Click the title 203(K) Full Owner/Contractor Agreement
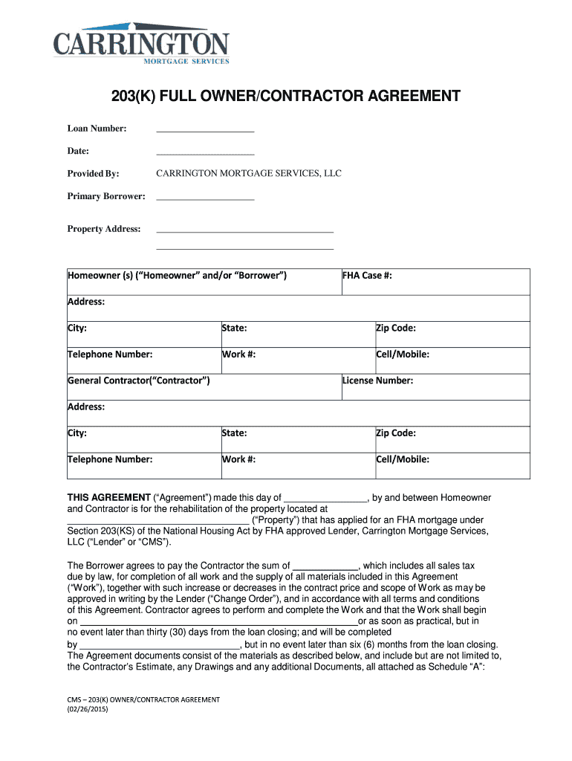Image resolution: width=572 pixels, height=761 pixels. click(x=286, y=97)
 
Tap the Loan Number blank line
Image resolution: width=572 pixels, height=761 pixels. click(x=205, y=131)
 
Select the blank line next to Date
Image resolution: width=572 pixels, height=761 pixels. click(x=205, y=153)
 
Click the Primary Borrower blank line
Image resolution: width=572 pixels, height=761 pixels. click(x=205, y=198)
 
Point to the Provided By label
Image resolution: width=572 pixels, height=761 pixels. click(x=93, y=174)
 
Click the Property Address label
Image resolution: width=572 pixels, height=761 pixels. click(x=104, y=229)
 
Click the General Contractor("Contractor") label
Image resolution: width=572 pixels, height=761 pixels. click(x=139, y=380)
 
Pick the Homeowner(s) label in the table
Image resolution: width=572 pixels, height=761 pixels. click(x=178, y=276)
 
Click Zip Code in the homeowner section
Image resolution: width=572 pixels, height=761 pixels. click(x=396, y=328)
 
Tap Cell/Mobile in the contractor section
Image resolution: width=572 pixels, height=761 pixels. click(x=403, y=459)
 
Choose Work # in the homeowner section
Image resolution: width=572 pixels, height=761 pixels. click(x=239, y=354)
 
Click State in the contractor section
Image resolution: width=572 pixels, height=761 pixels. click(x=235, y=433)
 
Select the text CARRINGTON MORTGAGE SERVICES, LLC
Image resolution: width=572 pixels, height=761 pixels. click(x=248, y=174)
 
